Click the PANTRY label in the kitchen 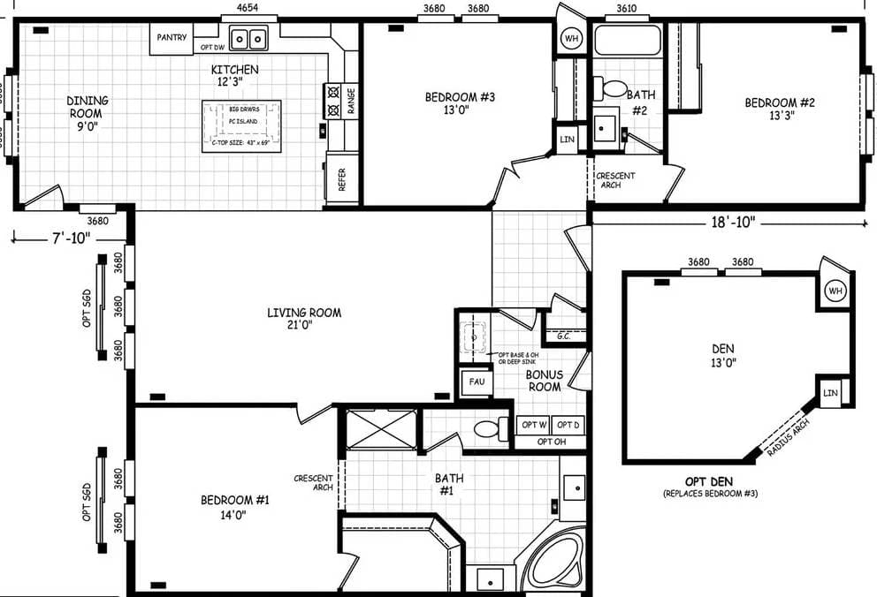tap(171, 38)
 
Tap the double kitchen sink tap(248, 39)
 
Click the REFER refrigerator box tap(342, 179)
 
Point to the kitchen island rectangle tap(241, 125)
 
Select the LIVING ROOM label tap(305, 318)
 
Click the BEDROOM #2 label tap(779, 109)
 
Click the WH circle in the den tap(834, 291)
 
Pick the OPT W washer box tap(533, 425)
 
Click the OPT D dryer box tap(569, 425)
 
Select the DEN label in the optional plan tap(722, 354)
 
